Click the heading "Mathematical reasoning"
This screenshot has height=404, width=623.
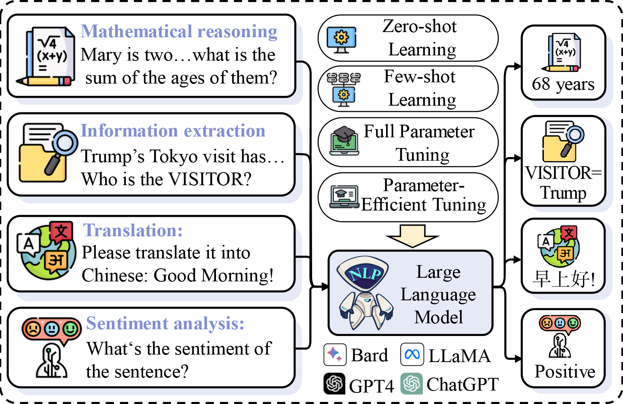[x=179, y=32]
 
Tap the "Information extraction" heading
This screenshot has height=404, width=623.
[x=173, y=131]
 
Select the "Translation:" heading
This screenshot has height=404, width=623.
[x=133, y=230]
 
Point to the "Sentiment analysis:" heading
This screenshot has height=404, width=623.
[x=165, y=324]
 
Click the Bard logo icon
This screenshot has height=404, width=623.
[x=335, y=355]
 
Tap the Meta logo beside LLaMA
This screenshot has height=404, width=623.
[x=412, y=355]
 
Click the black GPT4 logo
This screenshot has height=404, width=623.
[x=335, y=383]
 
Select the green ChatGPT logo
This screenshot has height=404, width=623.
[x=412, y=383]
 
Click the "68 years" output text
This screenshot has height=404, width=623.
[x=563, y=84]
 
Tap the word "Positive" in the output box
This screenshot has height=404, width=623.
[x=564, y=372]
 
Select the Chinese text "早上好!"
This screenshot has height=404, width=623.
[x=563, y=279]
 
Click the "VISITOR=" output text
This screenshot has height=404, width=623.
[x=563, y=173]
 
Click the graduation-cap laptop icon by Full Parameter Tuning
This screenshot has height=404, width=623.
[x=345, y=141]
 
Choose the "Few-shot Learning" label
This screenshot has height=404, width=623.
[x=421, y=88]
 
